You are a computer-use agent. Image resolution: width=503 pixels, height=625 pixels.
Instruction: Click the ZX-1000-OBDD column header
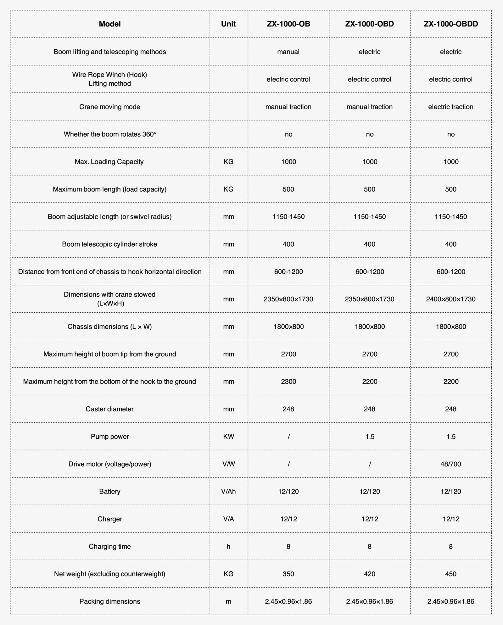pyautogui.click(x=450, y=24)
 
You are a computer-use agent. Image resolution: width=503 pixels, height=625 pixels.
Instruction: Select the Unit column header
pyautogui.click(x=228, y=24)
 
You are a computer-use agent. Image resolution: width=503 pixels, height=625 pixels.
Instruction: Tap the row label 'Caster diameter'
pyautogui.click(x=109, y=409)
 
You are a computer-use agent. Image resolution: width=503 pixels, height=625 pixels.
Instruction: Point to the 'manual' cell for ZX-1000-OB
pyautogui.click(x=288, y=52)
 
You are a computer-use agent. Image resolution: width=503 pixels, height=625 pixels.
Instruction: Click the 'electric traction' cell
pyautogui.click(x=450, y=107)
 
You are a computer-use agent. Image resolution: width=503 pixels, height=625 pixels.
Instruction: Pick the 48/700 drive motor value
pyautogui.click(x=450, y=464)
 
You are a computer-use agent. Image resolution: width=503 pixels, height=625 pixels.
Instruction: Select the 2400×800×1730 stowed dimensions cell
pyautogui.click(x=450, y=299)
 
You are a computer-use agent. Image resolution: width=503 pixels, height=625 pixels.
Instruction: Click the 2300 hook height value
pyautogui.click(x=288, y=382)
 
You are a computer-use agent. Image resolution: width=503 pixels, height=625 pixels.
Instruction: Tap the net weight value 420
pyautogui.click(x=369, y=574)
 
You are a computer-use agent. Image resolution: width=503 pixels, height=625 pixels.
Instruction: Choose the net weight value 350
pyautogui.click(x=288, y=574)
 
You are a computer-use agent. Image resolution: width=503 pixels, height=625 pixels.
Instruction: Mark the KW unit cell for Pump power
pyautogui.click(x=228, y=437)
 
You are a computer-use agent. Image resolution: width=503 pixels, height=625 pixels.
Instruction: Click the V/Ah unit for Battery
pyautogui.click(x=228, y=491)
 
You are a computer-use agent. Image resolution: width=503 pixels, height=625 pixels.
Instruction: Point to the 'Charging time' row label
pyautogui.click(x=109, y=546)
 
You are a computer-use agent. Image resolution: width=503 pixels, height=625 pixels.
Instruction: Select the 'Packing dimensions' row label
pyautogui.click(x=109, y=601)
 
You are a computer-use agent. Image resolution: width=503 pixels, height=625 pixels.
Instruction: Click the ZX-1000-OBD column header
pyautogui.click(x=369, y=24)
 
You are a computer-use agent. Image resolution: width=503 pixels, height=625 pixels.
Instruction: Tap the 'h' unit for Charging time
pyautogui.click(x=228, y=546)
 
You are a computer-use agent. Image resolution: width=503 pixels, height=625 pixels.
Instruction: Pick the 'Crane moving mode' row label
pyautogui.click(x=109, y=107)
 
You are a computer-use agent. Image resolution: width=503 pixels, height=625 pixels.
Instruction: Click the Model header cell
pyautogui.click(x=109, y=24)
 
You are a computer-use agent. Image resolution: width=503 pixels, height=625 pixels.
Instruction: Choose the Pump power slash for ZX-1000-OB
pyautogui.click(x=288, y=437)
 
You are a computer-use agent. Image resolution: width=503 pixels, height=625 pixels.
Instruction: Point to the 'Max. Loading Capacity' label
pyautogui.click(x=109, y=162)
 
